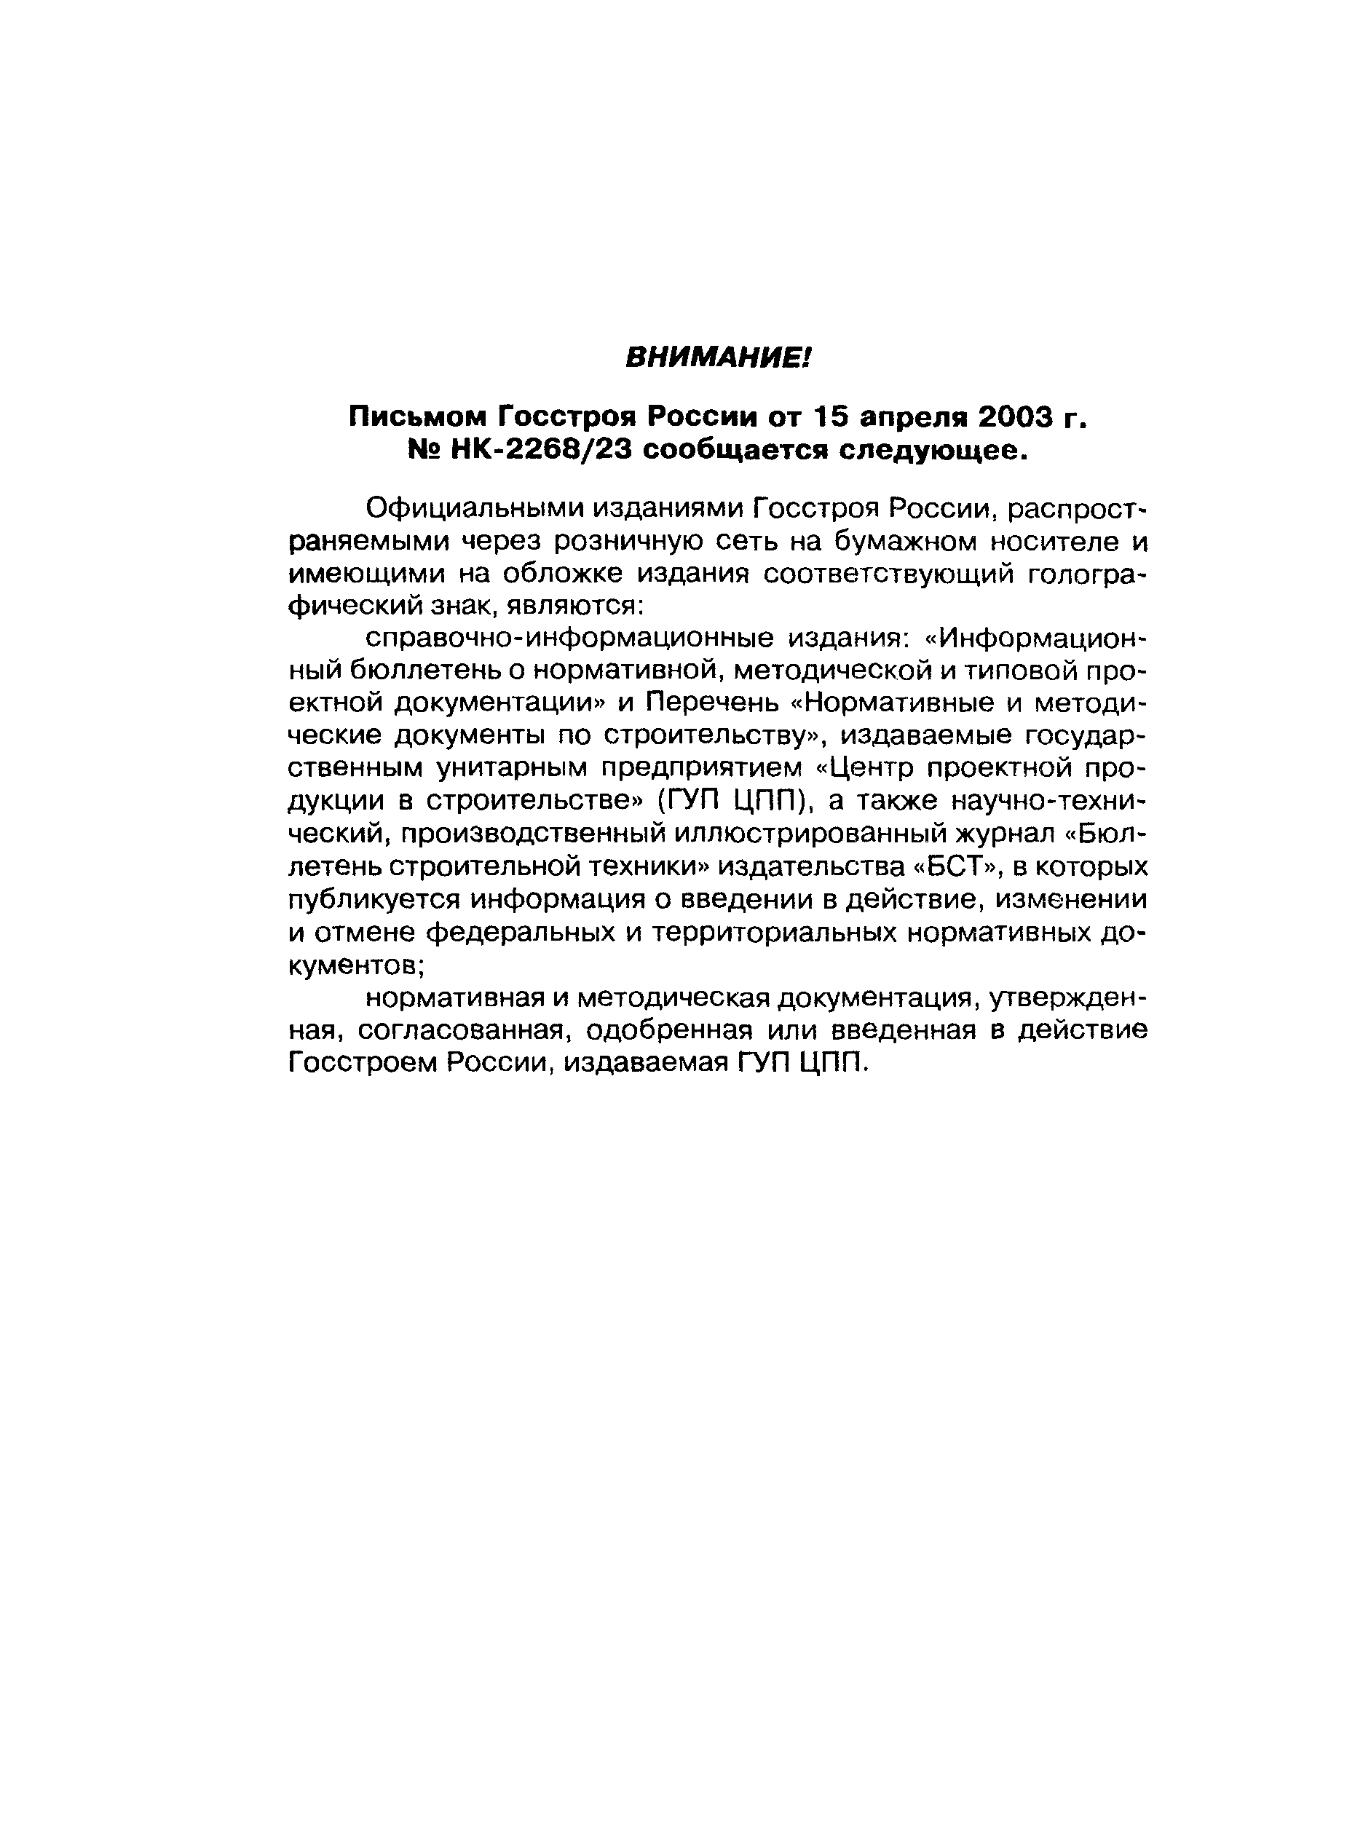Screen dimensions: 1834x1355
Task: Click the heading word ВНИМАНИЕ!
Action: (718, 357)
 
